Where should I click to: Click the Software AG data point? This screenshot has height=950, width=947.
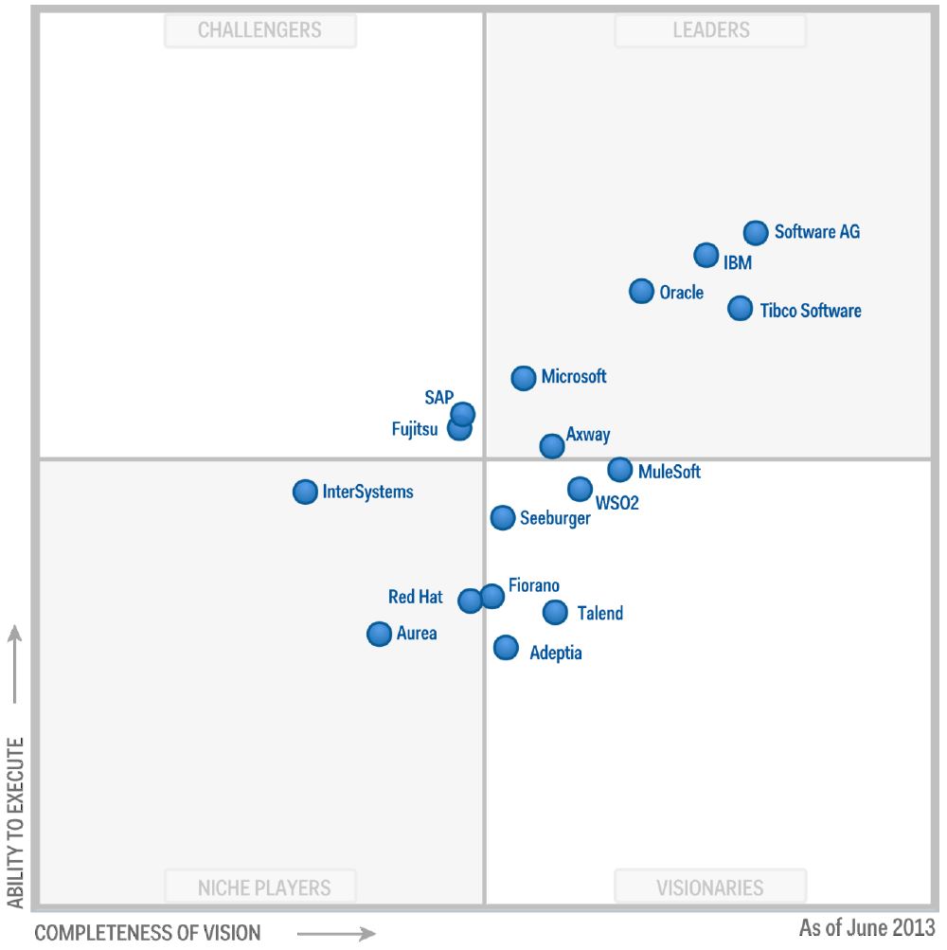point(755,232)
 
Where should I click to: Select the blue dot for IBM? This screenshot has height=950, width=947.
point(706,255)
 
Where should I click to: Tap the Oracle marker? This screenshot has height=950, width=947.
point(641,291)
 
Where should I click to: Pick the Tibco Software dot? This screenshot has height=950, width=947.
point(741,308)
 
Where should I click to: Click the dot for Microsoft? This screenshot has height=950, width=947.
point(523,378)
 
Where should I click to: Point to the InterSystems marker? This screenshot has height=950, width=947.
point(305,492)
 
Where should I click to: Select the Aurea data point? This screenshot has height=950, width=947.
point(379,634)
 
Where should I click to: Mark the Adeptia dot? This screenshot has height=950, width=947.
point(506,648)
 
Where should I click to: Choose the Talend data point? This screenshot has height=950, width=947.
point(555,613)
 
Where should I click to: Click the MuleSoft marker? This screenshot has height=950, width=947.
point(619,469)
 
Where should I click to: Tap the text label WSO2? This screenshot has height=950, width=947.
point(616,503)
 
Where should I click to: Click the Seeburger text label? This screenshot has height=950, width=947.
point(555,518)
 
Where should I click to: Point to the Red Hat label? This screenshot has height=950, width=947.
point(415,597)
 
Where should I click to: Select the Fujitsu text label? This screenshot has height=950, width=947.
point(415,429)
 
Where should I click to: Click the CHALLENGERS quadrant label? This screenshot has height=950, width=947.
point(259,30)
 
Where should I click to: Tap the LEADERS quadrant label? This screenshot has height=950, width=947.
point(710,30)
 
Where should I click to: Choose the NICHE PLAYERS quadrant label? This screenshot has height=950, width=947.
point(264,887)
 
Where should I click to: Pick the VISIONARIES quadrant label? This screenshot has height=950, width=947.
point(710,887)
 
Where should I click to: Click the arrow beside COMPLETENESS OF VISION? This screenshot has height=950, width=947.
point(336,934)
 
